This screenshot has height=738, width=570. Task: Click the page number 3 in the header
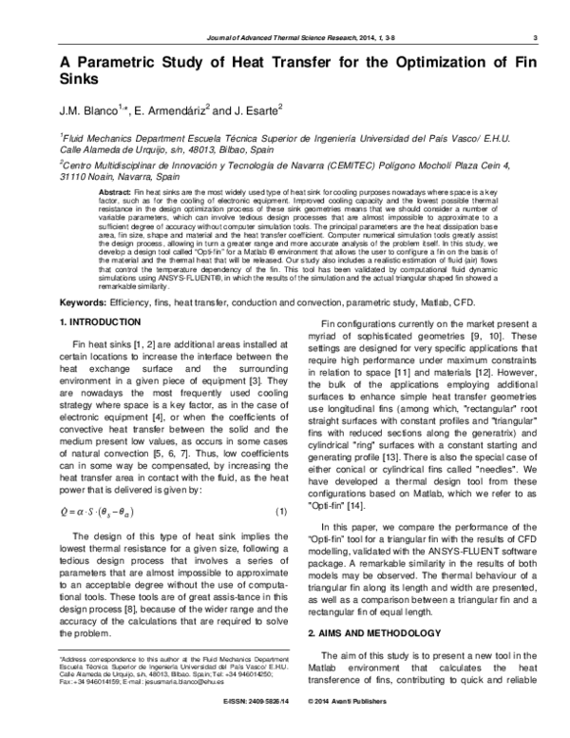click(537, 37)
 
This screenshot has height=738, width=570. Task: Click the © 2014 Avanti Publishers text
click(345, 728)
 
